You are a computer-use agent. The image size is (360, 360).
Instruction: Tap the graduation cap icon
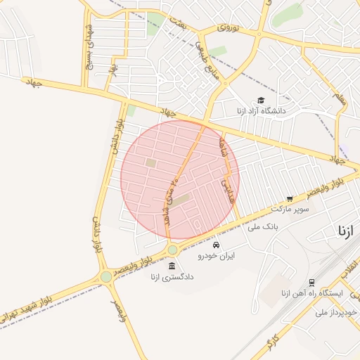click(262, 101)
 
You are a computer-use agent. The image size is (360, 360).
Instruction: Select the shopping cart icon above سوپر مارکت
click(290, 199)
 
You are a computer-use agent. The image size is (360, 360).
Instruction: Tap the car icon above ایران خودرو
click(217, 245)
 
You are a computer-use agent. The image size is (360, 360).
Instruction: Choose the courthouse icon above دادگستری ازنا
click(172, 265)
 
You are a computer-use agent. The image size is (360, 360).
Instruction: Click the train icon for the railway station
click(312, 282)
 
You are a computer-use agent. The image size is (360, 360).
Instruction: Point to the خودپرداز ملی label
click(337, 311)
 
